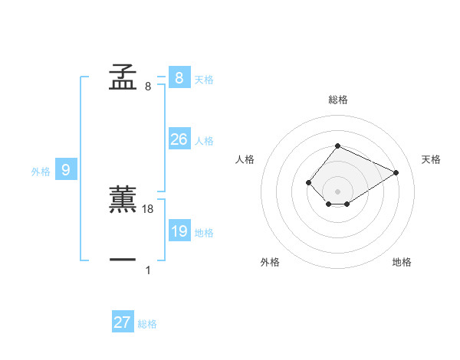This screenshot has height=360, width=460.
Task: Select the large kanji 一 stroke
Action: (x=123, y=260)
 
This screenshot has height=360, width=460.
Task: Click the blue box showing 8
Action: (x=179, y=77)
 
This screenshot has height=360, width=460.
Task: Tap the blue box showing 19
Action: (x=179, y=231)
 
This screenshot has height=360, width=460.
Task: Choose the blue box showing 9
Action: (x=66, y=170)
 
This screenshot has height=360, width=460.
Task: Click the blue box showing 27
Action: (x=123, y=322)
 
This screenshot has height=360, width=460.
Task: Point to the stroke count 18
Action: (x=149, y=208)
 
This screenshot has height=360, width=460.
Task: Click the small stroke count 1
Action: (x=148, y=270)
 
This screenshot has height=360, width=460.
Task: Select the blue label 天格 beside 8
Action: (x=204, y=79)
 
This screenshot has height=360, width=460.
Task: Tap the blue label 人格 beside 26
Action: (x=204, y=140)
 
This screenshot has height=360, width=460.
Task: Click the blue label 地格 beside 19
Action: (x=204, y=232)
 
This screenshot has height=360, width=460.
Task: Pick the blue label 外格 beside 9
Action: (x=41, y=172)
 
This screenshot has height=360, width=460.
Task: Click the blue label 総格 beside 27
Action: (x=147, y=324)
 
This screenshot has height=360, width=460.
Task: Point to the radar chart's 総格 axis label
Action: (x=337, y=100)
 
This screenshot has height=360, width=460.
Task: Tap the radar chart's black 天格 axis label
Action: (x=431, y=159)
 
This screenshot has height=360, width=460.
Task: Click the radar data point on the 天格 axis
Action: (x=396, y=172)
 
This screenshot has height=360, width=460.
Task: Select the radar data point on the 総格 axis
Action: (x=337, y=146)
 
